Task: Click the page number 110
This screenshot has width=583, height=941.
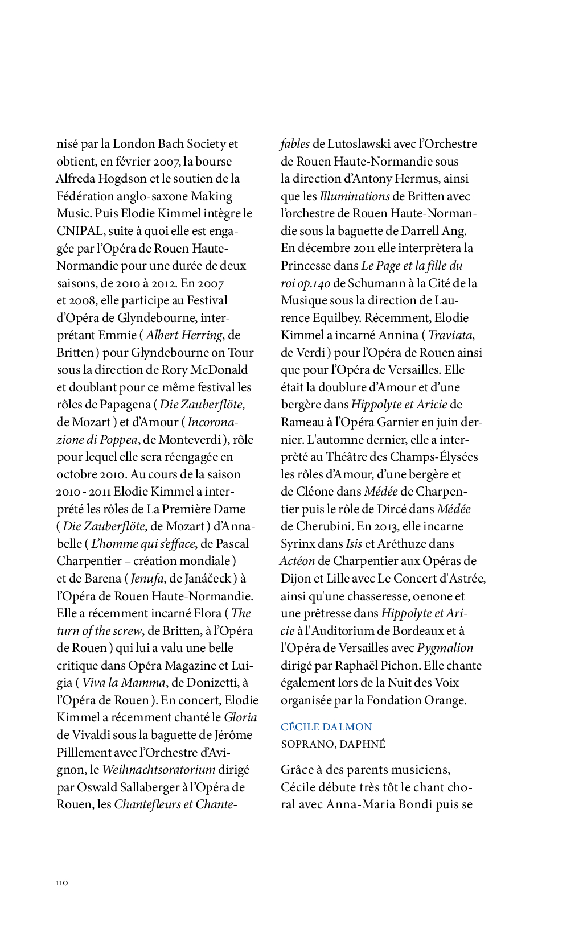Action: click(62, 882)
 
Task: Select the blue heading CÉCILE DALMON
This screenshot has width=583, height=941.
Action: click(326, 727)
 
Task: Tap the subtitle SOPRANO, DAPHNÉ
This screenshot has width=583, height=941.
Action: click(333, 744)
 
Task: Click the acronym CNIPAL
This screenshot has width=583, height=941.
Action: click(80, 231)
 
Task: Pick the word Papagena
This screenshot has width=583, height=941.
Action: click(125, 405)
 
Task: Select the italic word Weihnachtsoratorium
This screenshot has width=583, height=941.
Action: click(159, 770)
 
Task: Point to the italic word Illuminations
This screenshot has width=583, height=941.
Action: click(354, 196)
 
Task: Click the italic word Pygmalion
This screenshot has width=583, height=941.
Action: click(445, 648)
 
